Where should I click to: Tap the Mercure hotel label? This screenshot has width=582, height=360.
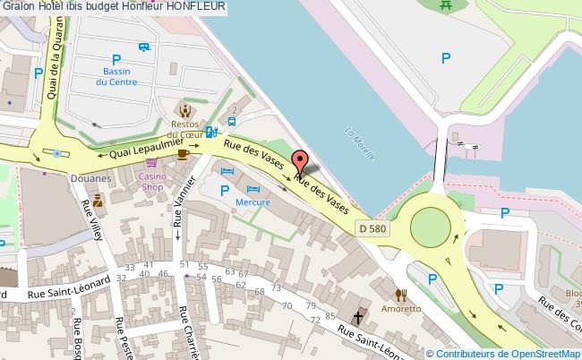252,202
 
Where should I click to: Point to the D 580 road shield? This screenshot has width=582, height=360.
373,228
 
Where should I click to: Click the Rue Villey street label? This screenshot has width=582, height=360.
92,219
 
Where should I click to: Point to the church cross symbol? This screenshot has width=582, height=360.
359,317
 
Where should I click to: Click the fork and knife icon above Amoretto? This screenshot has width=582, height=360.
401,293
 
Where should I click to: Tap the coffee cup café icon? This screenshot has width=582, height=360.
183,154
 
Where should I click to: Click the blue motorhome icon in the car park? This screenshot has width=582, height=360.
144,47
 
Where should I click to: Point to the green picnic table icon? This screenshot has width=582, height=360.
446,6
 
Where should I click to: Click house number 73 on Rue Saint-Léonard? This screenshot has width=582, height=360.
275,287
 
